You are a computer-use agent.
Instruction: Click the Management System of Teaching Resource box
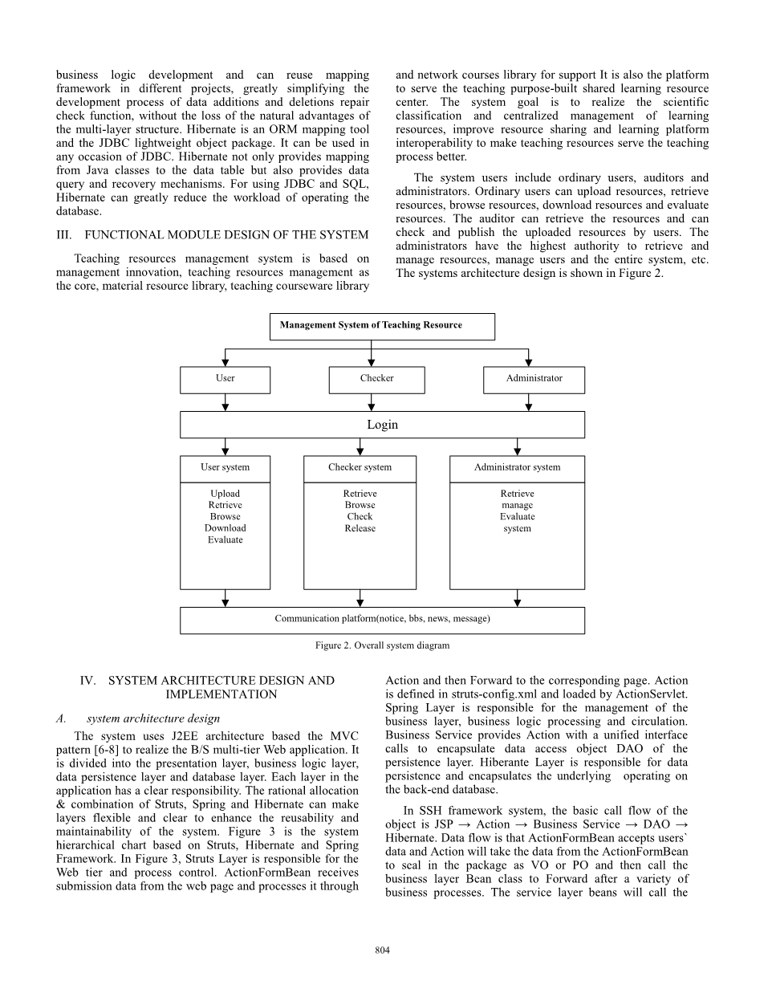coord(382,326)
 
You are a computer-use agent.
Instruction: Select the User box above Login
coord(226,379)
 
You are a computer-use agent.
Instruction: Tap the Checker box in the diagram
coord(376,379)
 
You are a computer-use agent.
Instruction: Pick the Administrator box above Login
coord(534,379)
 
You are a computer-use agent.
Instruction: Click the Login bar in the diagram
coord(382,425)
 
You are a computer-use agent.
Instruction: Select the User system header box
coord(225,468)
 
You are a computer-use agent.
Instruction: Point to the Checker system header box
coord(360,468)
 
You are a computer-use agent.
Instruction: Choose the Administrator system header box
coord(517,468)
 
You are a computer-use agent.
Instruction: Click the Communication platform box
coord(382,620)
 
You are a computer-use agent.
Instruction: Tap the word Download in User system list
coord(225,528)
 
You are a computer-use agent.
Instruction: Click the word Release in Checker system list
coord(360,528)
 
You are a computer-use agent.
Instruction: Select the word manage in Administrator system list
coord(517,506)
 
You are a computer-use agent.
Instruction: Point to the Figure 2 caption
coord(382,645)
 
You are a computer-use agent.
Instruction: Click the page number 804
coord(382,951)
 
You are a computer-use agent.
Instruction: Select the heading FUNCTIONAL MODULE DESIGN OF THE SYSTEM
coord(226,235)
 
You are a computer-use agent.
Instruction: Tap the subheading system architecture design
coord(152,718)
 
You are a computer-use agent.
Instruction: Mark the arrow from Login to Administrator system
coord(518,447)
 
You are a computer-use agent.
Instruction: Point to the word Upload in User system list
coord(225,494)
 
